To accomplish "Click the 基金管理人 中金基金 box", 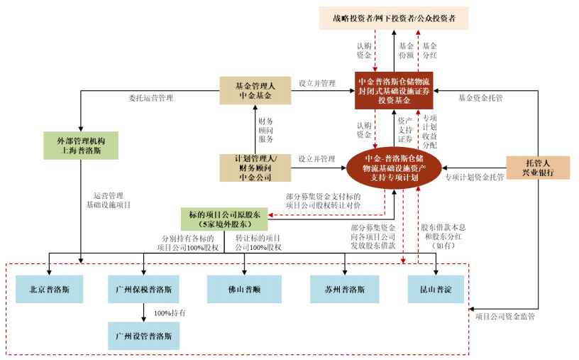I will coord(255,92).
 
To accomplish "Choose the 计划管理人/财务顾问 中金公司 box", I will coord(255,168).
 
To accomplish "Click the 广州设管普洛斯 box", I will coord(143,334).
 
